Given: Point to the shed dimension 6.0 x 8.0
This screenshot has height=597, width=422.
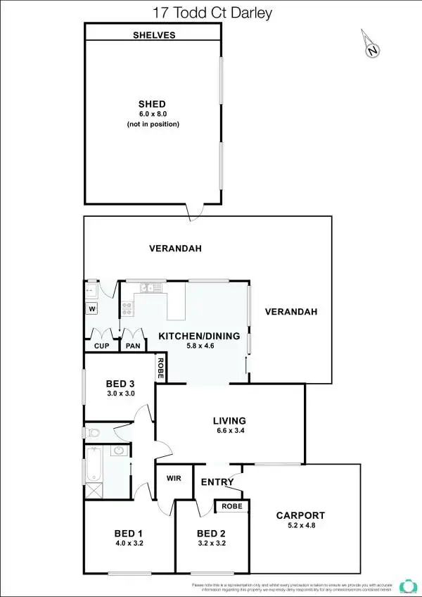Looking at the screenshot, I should pos(153,114).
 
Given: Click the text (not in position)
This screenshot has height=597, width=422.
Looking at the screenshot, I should pos(153,124).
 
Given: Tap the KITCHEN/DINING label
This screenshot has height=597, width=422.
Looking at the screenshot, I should pos(199,335).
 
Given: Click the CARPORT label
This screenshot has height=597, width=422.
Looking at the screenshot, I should pos(300,515).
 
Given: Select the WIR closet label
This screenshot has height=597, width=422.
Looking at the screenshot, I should pos(174,477).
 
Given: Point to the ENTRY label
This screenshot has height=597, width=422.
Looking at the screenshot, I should pos(217,482).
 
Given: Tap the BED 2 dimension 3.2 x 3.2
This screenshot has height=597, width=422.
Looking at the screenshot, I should pos(212,543).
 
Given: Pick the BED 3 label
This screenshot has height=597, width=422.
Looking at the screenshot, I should pos(120,384).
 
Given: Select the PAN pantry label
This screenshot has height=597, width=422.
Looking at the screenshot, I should pos(132,346).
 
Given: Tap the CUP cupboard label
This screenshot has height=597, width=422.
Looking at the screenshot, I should pos(100,346).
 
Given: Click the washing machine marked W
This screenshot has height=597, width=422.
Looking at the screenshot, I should pos(91,308).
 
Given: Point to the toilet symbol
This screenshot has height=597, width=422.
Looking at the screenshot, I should pos(94,433).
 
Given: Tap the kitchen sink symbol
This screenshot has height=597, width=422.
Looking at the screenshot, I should pos(147,287).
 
